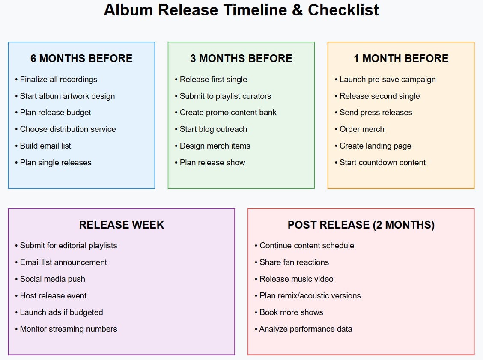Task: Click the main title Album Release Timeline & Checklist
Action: (x=241, y=10)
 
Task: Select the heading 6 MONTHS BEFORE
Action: (x=81, y=59)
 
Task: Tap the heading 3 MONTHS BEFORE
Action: (x=241, y=59)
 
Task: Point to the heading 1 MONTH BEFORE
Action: (x=401, y=59)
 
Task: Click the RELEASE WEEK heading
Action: (x=121, y=225)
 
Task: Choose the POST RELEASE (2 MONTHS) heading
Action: (x=361, y=225)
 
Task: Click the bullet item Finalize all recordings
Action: (x=58, y=80)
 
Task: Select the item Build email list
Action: (x=45, y=146)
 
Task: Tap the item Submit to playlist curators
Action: (x=225, y=96)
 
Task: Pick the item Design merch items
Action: (x=215, y=146)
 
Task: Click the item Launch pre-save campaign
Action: (x=388, y=80)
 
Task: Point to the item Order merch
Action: (x=362, y=129)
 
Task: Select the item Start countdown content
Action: (x=382, y=163)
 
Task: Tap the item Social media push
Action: (x=52, y=279)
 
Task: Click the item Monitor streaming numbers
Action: (x=69, y=329)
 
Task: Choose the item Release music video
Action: (x=296, y=279)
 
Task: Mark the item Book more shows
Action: (x=291, y=312)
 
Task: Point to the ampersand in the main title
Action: (x=298, y=10)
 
